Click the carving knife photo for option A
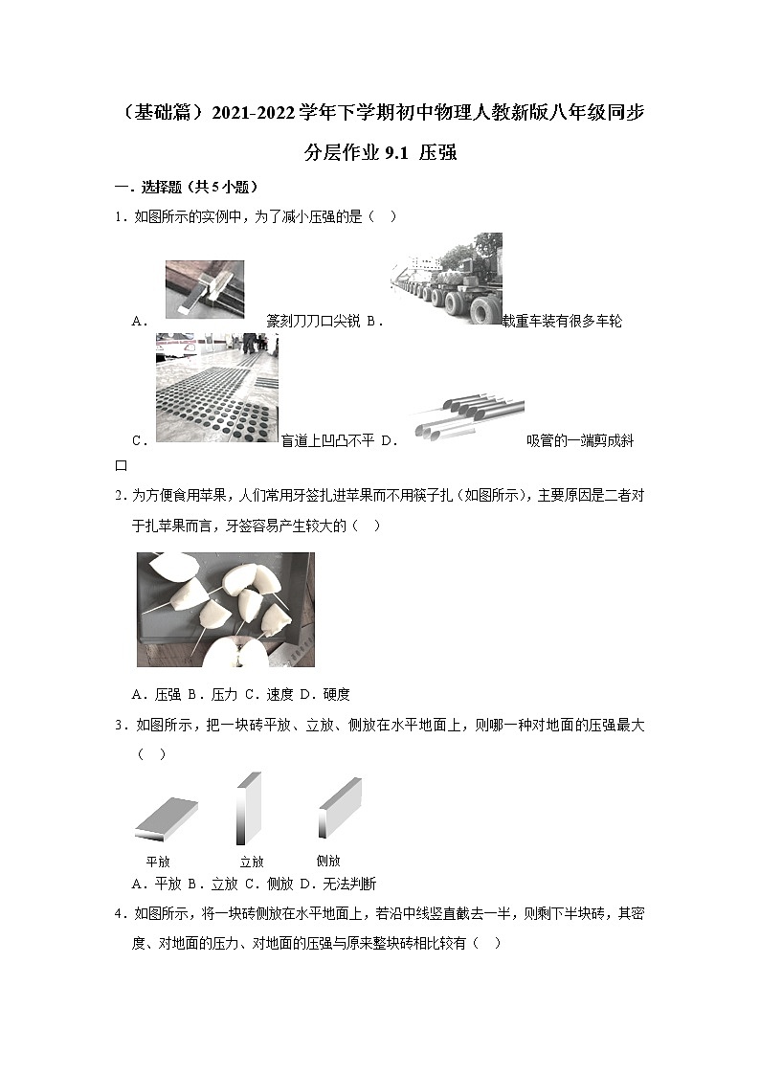[x=204, y=289]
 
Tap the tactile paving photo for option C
[x=216, y=388]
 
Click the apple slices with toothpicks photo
[x=225, y=610]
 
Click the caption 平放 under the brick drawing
[x=158, y=861]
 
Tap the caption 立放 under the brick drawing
[x=251, y=861]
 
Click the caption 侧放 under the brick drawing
[x=328, y=861]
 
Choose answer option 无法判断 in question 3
[x=350, y=884]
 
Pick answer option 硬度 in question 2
[x=337, y=694]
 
